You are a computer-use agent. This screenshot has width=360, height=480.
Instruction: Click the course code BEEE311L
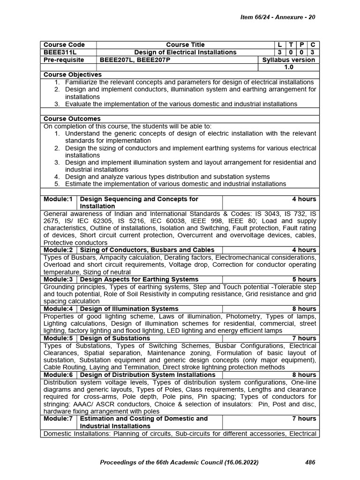click(x=58, y=52)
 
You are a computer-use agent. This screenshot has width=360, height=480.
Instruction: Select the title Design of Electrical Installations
click(x=185, y=52)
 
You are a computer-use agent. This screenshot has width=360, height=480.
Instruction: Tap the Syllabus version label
click(x=288, y=60)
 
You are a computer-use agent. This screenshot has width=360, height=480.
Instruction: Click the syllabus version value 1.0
click(x=288, y=67)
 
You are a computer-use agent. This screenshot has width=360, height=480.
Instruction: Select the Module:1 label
click(x=58, y=199)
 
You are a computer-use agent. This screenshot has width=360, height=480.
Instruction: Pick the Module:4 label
click(x=58, y=309)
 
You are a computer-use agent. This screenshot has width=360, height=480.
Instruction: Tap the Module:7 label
click(x=58, y=419)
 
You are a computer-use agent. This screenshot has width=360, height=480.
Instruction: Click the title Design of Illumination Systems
click(x=129, y=309)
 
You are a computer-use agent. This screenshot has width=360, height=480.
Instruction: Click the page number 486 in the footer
click(x=310, y=463)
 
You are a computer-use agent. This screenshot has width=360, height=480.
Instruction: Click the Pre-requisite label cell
click(x=64, y=60)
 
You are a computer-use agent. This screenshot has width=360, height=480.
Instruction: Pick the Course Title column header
click(x=185, y=45)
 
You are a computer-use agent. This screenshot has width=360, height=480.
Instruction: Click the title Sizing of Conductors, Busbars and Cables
click(x=147, y=250)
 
